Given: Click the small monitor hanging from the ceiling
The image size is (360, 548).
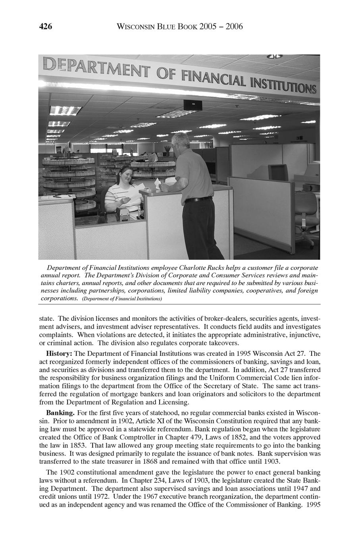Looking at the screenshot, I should pos(193,105).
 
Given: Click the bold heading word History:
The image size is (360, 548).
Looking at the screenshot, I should pos(60,353).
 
